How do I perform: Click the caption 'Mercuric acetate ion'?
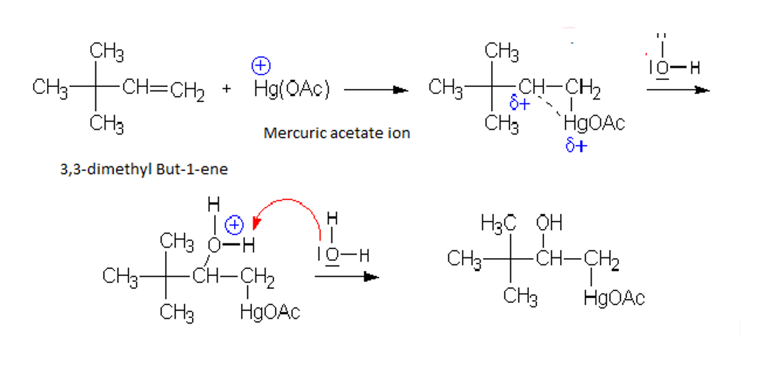pyautogui.click(x=336, y=133)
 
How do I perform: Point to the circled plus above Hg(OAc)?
pyautogui.click(x=260, y=66)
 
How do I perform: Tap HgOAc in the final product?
pyautogui.click(x=614, y=299)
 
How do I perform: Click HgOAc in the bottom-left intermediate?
pyautogui.click(x=270, y=313)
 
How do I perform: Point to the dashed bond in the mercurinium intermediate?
pyautogui.click(x=549, y=108)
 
